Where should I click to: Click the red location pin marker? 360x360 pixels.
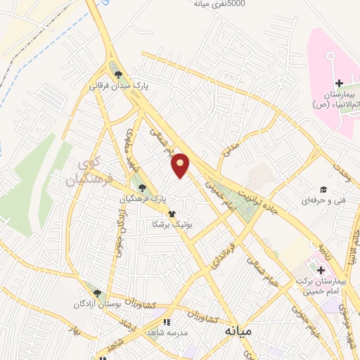(181, 165)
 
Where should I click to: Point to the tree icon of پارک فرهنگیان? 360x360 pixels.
(143, 188)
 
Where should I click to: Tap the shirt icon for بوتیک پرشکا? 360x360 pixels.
(171, 214)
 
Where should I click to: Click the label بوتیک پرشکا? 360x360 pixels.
(172, 224)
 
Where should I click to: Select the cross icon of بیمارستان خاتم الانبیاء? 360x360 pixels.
(339, 84)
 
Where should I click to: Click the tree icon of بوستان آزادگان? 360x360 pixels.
(97, 293)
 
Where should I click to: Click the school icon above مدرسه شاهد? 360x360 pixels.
(167, 323)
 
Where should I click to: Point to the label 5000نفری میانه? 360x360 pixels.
(219, 4)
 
